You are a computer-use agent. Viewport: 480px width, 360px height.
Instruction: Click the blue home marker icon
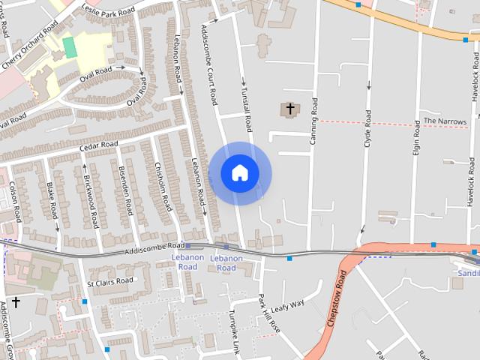tap(240, 173)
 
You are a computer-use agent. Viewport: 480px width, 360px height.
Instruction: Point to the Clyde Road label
tap(367, 128)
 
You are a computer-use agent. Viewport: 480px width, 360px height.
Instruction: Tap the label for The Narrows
tap(445, 121)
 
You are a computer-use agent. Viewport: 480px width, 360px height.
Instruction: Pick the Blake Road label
tap(52, 196)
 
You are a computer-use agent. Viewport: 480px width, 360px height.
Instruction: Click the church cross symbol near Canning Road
tap(290, 109)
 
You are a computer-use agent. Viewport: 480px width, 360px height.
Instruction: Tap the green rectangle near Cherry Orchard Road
tap(70, 47)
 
